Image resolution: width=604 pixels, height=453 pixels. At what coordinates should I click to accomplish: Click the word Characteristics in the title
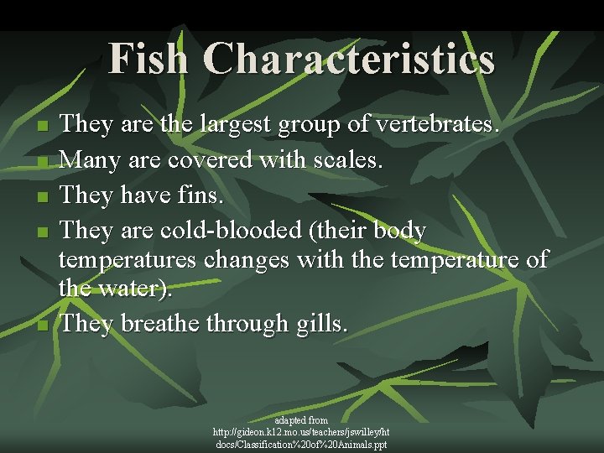coord(349,59)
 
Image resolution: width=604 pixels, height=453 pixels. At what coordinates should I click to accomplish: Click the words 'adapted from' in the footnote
coord(301,419)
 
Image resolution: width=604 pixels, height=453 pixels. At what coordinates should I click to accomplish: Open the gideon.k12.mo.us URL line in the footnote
coord(301,431)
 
